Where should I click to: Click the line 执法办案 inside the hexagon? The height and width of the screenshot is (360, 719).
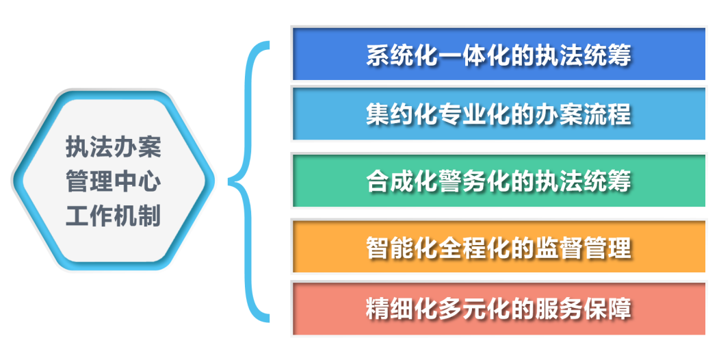(114, 146)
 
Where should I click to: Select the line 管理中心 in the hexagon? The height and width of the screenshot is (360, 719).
(114, 181)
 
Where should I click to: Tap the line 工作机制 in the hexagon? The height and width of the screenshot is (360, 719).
(114, 215)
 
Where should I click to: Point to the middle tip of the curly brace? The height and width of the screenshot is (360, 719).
(229, 182)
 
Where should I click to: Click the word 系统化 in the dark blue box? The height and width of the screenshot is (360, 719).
(402, 55)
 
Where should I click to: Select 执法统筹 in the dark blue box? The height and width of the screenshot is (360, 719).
(584, 55)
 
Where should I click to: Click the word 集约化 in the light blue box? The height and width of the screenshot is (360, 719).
(402, 114)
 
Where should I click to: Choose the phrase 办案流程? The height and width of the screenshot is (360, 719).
(584, 114)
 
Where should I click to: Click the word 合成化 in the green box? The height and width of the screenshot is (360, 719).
(402, 181)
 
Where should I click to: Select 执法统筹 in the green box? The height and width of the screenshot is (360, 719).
(584, 181)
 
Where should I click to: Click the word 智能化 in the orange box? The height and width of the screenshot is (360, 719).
(402, 248)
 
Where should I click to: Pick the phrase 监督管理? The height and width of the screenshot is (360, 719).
(584, 248)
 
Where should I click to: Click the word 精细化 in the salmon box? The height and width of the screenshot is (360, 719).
(402, 309)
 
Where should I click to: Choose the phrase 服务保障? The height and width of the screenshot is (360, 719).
(584, 309)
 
